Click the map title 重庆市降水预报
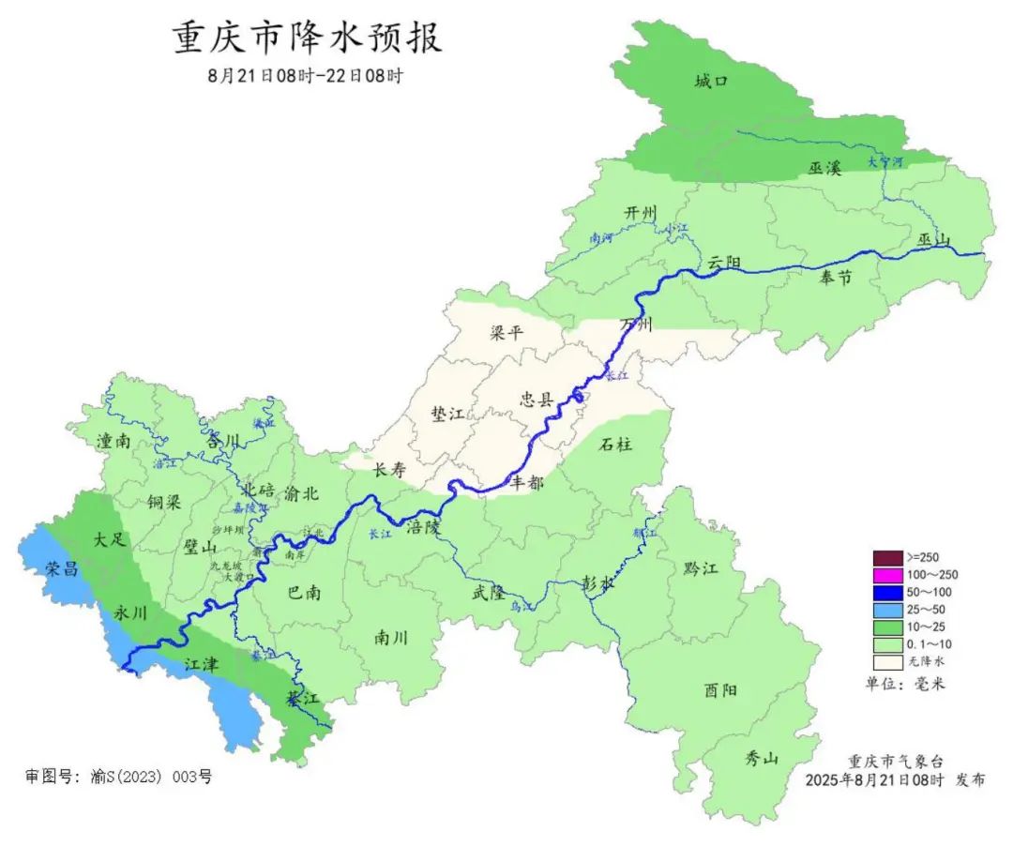[x=307, y=38]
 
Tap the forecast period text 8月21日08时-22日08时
[x=305, y=76]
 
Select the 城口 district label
[x=711, y=82]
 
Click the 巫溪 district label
[x=824, y=168]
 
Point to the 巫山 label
[x=933, y=241]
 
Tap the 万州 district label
[x=636, y=325]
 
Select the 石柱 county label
[x=615, y=444]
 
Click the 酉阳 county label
[x=720, y=690]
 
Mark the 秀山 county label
[x=762, y=759]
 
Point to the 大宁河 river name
[x=884, y=161]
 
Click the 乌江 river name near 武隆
[x=522, y=608]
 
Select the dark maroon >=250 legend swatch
[x=886, y=557]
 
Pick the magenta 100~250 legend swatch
[x=886, y=574]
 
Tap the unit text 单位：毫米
[x=905, y=684]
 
